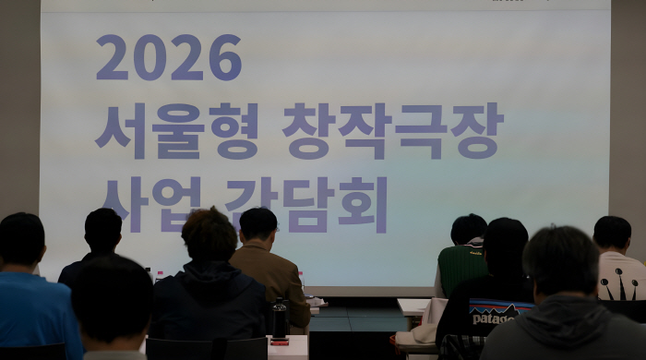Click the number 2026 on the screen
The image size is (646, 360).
[168, 57]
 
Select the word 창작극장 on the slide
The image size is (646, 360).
[392, 131]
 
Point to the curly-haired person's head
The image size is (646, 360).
[209, 234]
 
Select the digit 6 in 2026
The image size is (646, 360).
[224, 57]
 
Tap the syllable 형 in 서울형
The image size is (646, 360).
[235, 131]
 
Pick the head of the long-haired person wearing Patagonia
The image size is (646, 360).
[506, 247]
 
